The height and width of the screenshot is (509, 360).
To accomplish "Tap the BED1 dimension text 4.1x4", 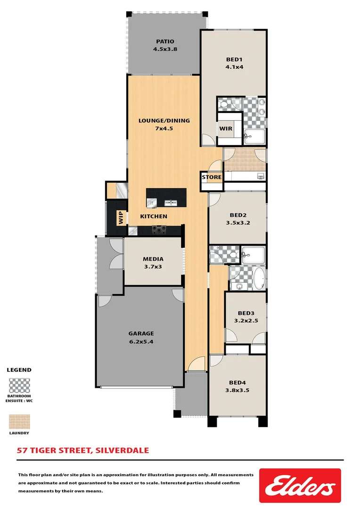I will coord(234,67).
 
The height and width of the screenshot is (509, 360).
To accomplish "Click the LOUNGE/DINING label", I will coord(164,120).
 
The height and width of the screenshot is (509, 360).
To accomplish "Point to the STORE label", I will coord(212,177).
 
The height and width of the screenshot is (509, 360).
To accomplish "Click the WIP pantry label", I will coord(121,217).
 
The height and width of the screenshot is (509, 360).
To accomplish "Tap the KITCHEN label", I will coord(154,216).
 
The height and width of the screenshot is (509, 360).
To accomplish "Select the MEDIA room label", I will coord(153,259).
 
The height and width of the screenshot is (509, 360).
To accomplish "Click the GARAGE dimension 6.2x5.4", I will coord(141,342).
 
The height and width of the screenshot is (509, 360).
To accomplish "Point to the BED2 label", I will coord(238,213).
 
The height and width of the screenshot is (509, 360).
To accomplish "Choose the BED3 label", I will coord(245,313).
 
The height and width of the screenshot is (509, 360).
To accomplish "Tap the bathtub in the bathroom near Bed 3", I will coord(259,279).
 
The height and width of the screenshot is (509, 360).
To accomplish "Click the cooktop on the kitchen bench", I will coord(159,230).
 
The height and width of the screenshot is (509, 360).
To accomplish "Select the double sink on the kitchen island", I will coord(170,203).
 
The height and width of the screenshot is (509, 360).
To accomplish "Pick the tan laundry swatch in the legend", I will coord(19,422).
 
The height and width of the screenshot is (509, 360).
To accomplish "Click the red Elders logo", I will coord(300,485).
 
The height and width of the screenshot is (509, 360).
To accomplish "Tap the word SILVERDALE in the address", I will coord(122,450).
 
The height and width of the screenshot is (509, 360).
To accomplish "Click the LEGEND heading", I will coord(19,370).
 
